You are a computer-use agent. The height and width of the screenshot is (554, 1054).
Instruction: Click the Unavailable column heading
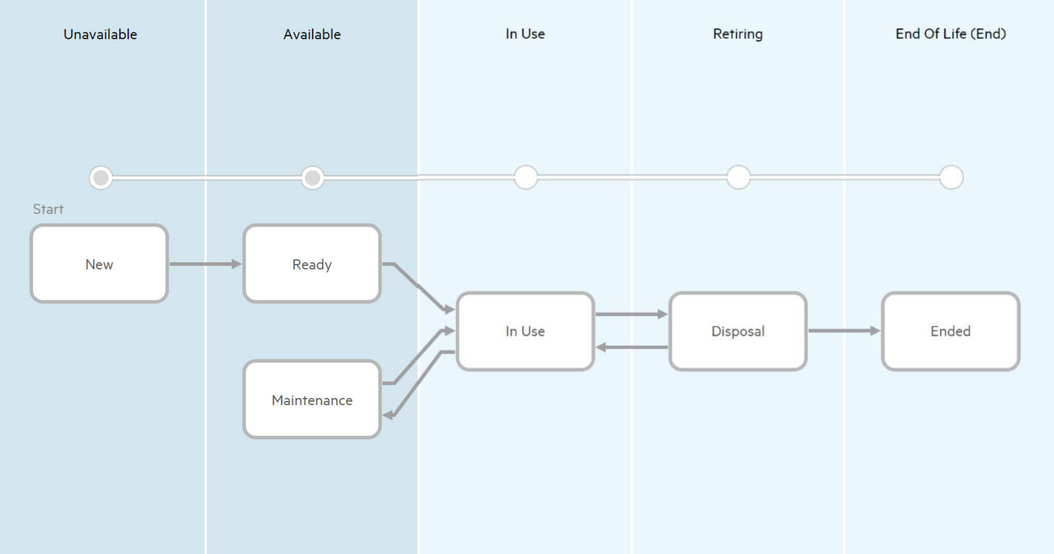point(100,34)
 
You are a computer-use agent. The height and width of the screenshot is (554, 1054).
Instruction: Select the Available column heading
point(312,34)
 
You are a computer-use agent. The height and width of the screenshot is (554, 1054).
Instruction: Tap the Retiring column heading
point(738,34)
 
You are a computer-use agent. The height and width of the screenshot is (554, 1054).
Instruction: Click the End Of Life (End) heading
point(950,34)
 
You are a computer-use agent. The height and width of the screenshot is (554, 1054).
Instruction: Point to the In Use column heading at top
point(525,34)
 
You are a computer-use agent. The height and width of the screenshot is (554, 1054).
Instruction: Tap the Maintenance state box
point(312,400)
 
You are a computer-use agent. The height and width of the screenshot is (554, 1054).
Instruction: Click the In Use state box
point(525,331)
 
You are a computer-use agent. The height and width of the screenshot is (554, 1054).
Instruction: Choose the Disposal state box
point(738,331)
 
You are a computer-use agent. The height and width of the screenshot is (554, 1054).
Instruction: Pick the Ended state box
point(950,331)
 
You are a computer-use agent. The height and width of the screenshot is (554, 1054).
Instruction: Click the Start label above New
point(48,209)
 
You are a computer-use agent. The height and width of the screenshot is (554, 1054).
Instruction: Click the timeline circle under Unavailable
point(101,178)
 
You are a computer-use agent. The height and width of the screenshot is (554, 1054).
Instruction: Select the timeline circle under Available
point(312,178)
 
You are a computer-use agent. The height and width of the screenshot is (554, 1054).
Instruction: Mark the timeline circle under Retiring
point(738,178)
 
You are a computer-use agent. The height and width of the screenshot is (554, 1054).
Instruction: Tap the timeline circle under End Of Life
point(951,178)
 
